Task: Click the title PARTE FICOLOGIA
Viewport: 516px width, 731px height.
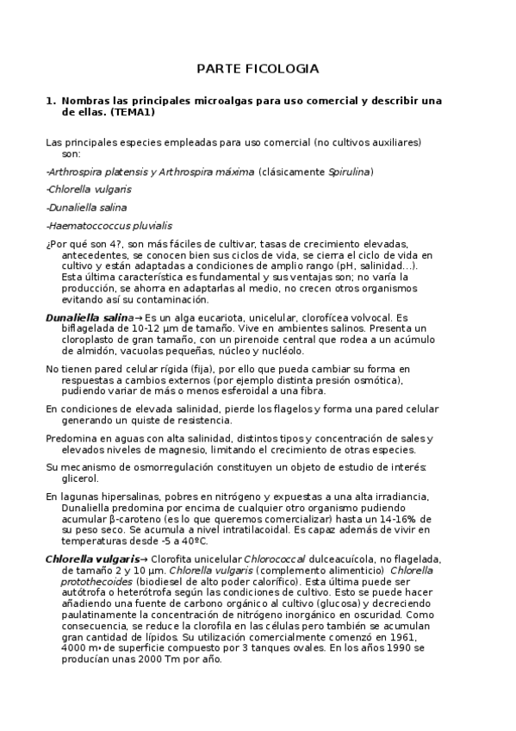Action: [x=258, y=68]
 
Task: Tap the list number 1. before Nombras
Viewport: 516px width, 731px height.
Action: [x=50, y=101]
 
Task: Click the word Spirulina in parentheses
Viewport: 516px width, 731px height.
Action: [x=349, y=172]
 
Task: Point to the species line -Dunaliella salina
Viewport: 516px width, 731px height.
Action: [x=86, y=208]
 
